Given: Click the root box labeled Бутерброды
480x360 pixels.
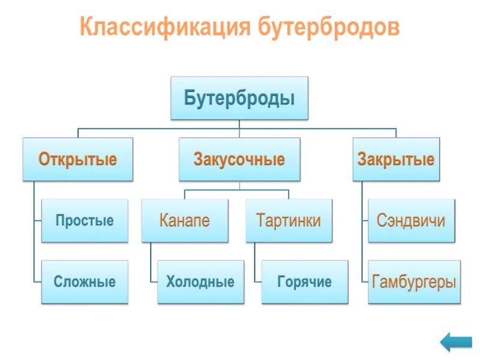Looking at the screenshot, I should click(239, 98).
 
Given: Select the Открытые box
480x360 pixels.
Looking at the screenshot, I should click(78, 160).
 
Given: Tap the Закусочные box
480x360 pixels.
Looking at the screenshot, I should click(239, 160).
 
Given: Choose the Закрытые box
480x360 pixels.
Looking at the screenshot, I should click(396, 160).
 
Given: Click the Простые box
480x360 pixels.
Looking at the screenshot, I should click(85, 221).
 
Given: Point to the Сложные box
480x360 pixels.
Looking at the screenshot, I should click(85, 281).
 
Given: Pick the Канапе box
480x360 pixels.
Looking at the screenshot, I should click(185, 221).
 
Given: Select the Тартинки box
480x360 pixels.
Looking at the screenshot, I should click(289, 221).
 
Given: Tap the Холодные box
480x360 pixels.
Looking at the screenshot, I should click(200, 281).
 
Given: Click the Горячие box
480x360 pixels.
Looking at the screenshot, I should click(304, 281).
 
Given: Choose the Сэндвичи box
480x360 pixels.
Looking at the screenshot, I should click(411, 221).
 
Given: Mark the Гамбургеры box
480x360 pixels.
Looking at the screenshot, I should click(414, 281).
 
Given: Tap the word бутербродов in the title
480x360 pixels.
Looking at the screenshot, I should click(329, 27).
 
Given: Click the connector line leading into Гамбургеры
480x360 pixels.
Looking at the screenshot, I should click(362, 264).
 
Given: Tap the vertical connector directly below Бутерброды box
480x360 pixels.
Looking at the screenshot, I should click(239, 124).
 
